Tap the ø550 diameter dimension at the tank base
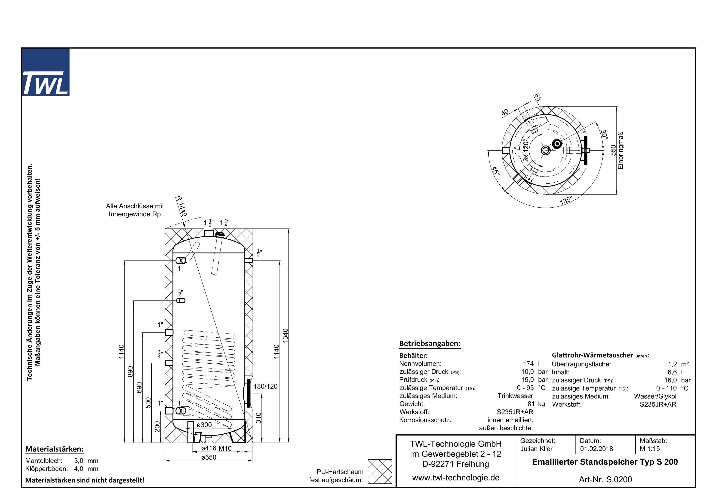(209, 457)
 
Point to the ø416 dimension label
(209, 448)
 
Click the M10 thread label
(225, 448)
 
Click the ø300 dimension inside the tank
(204, 425)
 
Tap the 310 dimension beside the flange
(259, 418)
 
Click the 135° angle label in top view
(565, 200)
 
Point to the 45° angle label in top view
(496, 171)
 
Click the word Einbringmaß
(620, 151)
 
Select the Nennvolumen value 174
(528, 364)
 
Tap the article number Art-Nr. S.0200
(605, 479)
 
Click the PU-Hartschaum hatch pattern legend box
(380, 471)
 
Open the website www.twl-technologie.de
(456, 478)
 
